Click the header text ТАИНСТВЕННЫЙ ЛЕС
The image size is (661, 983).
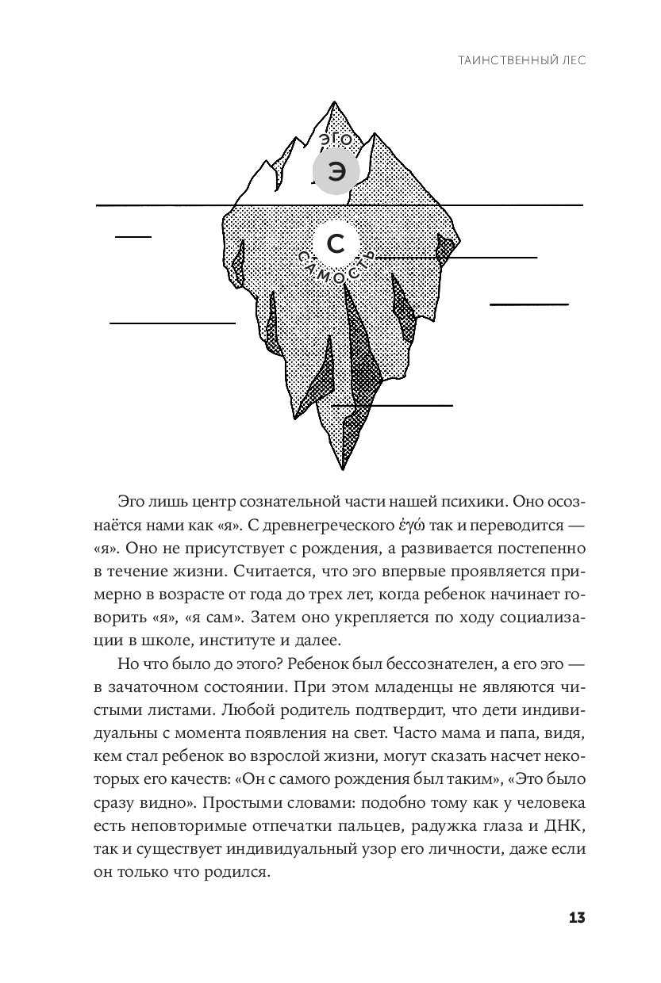click(x=523, y=59)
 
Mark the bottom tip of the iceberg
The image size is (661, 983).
click(x=344, y=472)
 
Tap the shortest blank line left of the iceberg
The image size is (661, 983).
click(x=133, y=236)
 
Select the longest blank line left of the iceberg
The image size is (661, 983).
click(x=172, y=323)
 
